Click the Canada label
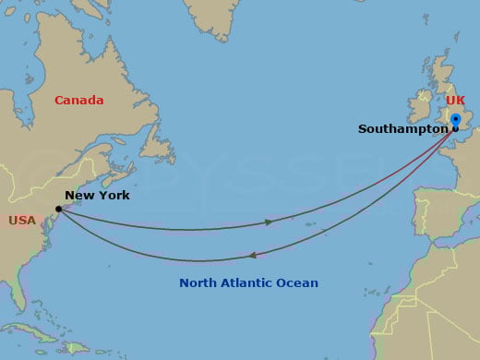click(x=78, y=100)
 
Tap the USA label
click(x=22, y=221)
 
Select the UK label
click(x=455, y=100)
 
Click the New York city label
click(x=97, y=196)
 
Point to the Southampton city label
click(x=402, y=129)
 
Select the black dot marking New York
click(x=58, y=209)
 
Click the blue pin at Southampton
click(x=455, y=121)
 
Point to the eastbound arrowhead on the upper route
click(x=269, y=222)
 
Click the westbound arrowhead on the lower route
click(x=253, y=256)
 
